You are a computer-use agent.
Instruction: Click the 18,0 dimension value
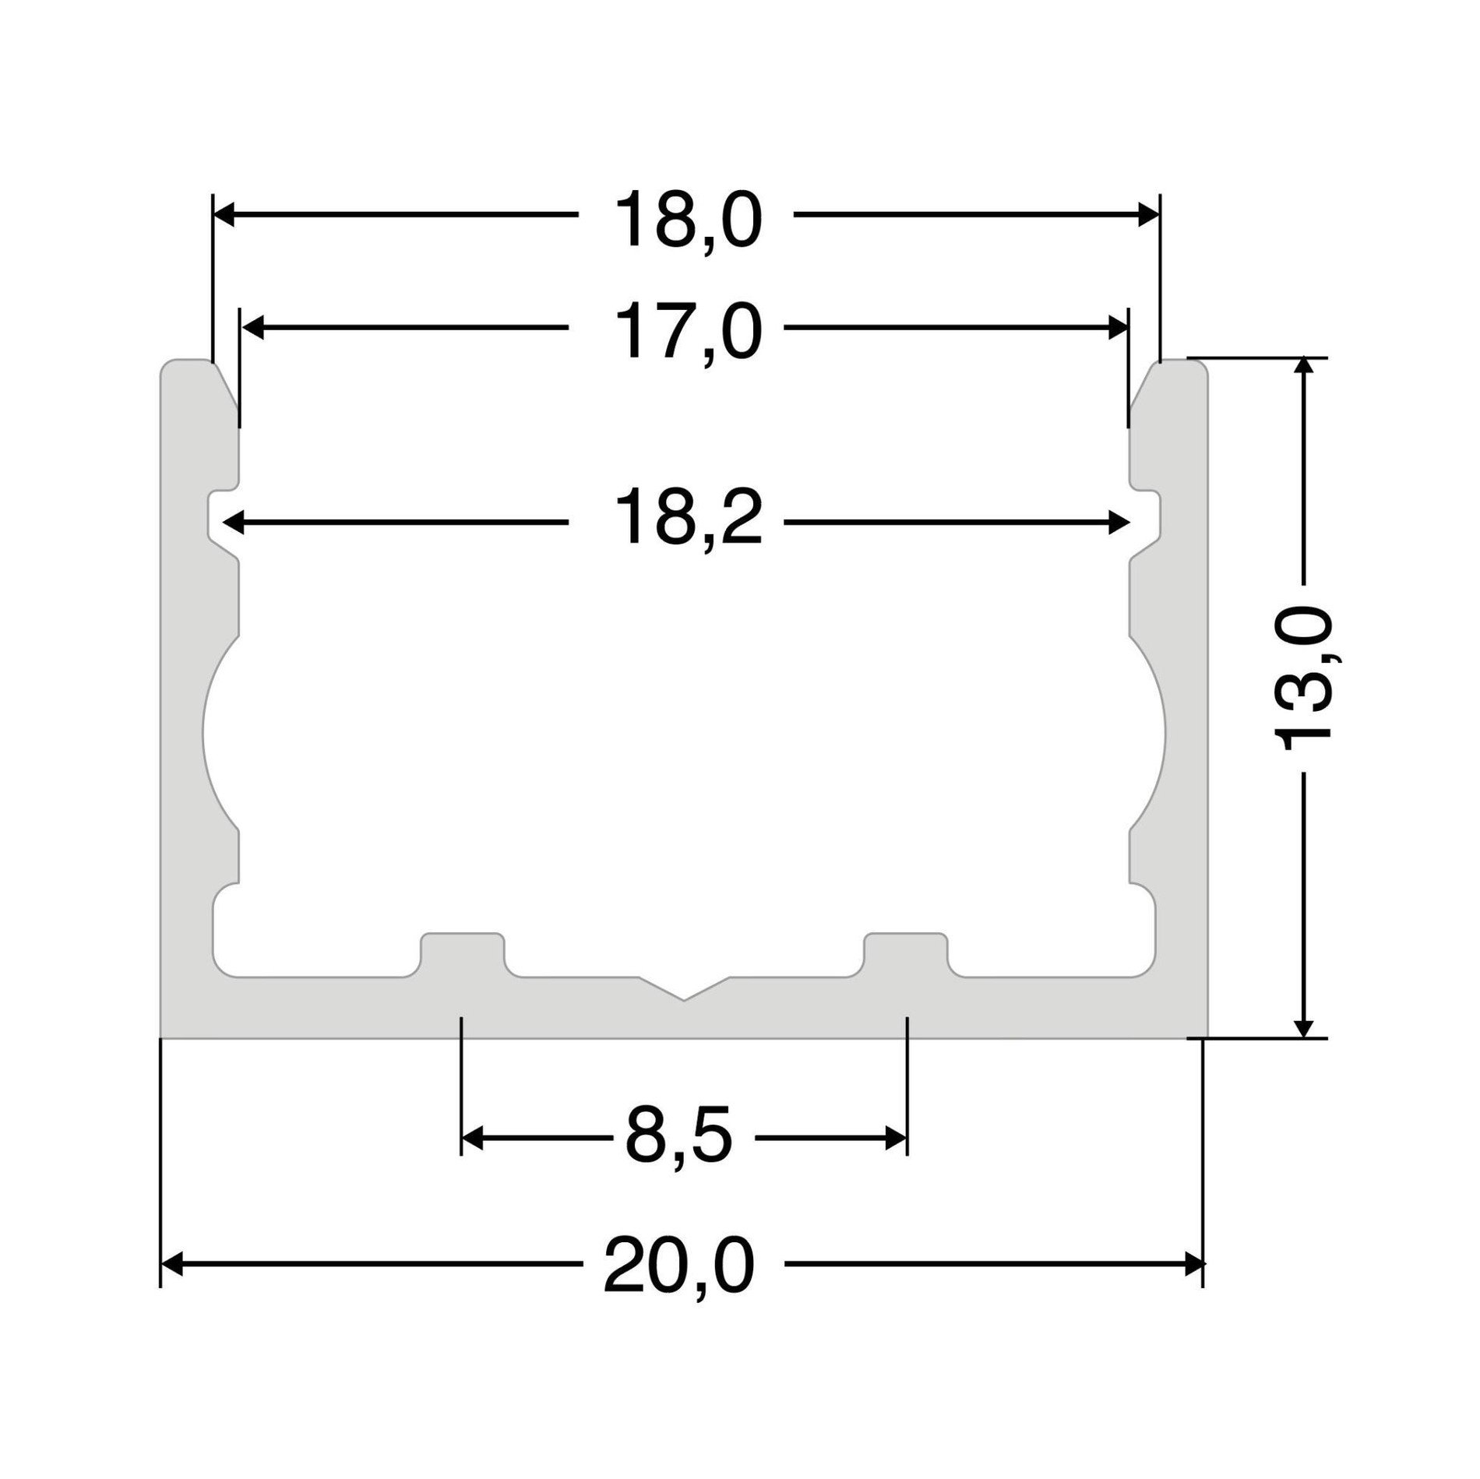687,222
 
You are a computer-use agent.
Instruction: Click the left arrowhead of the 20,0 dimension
172,1264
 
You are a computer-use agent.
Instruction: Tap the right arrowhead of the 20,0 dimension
1193,1264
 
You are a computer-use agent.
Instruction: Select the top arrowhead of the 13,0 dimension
1303,370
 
